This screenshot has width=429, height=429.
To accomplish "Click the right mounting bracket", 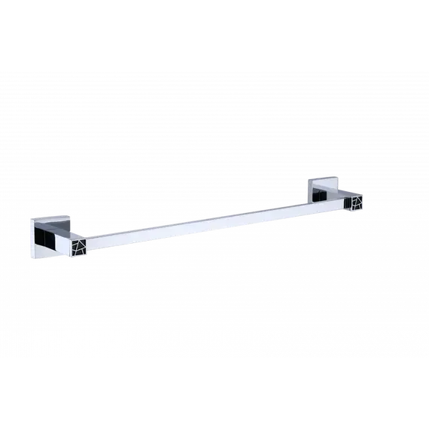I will [x=324, y=192].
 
